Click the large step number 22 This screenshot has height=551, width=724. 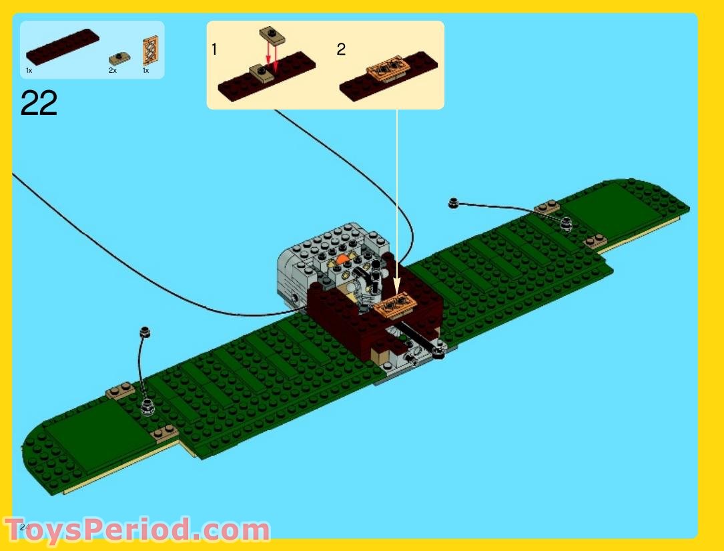coord(39,104)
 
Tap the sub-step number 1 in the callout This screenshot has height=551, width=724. coord(214,49)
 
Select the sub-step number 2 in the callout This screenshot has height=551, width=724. coord(341,49)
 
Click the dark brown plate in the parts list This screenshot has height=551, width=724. coord(63,46)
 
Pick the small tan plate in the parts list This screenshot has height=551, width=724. coord(119,59)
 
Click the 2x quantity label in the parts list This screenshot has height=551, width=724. coord(113,69)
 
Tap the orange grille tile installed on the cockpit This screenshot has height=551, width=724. coord(398,305)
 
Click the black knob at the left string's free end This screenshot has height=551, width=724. coord(145,331)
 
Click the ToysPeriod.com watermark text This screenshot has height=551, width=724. coord(136,530)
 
